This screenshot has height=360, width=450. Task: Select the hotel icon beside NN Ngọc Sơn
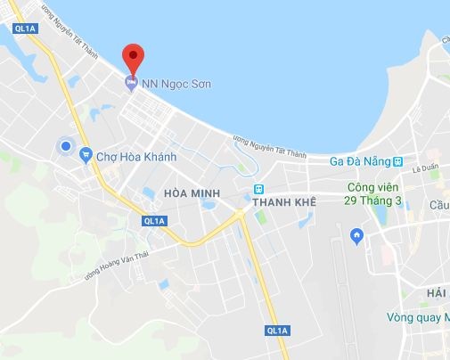(132, 84)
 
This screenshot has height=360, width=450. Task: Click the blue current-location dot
(64, 146)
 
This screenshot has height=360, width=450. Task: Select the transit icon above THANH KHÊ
(259, 188)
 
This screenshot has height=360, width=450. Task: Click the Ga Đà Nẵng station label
(359, 163)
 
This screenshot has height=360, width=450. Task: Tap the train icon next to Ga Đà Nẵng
(400, 163)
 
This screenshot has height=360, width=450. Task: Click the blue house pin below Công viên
(357, 236)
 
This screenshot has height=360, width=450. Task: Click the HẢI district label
(438, 293)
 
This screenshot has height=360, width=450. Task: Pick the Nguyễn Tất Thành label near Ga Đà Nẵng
(269, 148)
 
